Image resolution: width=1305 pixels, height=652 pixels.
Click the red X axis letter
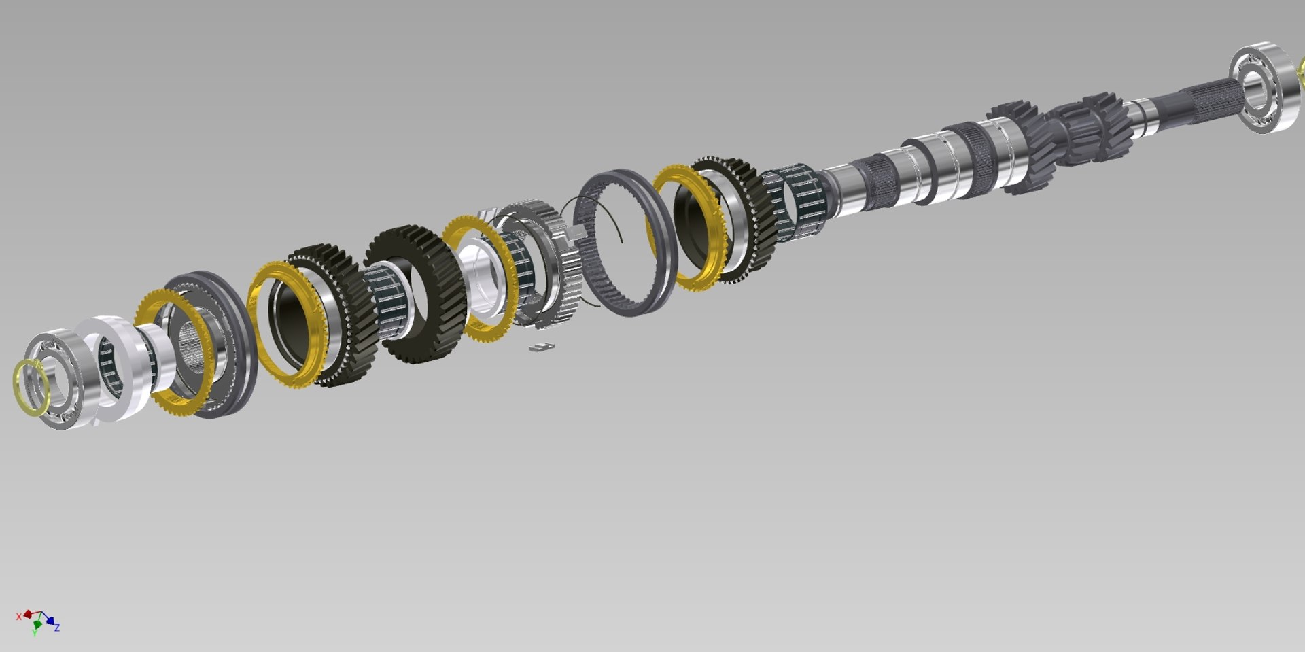tap(18, 617)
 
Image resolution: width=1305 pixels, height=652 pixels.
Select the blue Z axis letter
tap(57, 628)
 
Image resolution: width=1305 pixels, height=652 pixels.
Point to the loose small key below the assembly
tap(542, 347)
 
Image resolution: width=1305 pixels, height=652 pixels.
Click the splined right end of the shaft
tap(1196, 102)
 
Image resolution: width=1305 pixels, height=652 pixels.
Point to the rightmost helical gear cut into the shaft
tap(1094, 126)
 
